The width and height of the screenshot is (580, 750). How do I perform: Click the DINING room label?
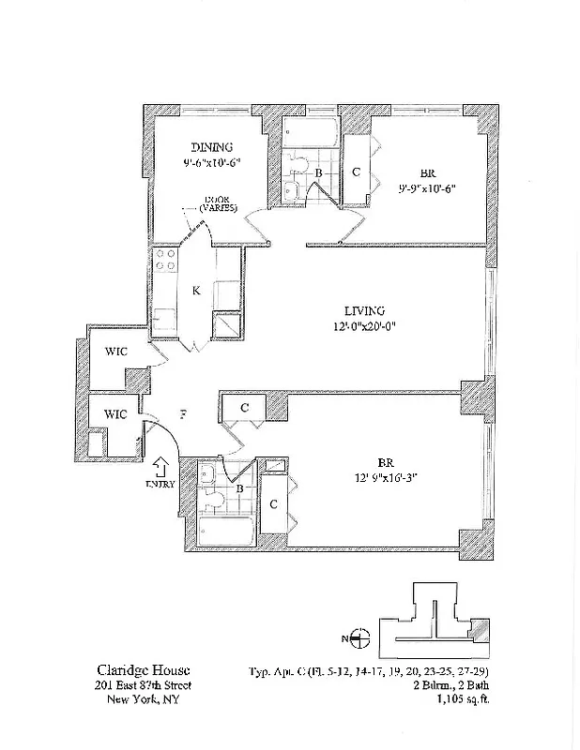(x=212, y=147)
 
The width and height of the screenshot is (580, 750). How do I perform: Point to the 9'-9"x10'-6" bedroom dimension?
(x=426, y=187)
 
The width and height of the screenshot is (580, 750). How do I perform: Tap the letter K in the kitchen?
(x=195, y=291)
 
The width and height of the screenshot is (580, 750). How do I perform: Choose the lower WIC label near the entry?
(x=115, y=413)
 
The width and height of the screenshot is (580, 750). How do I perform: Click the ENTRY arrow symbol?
(x=160, y=466)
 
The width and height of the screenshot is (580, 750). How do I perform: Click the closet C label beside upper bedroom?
(x=357, y=172)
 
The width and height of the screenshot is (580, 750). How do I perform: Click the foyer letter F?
(x=184, y=412)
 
